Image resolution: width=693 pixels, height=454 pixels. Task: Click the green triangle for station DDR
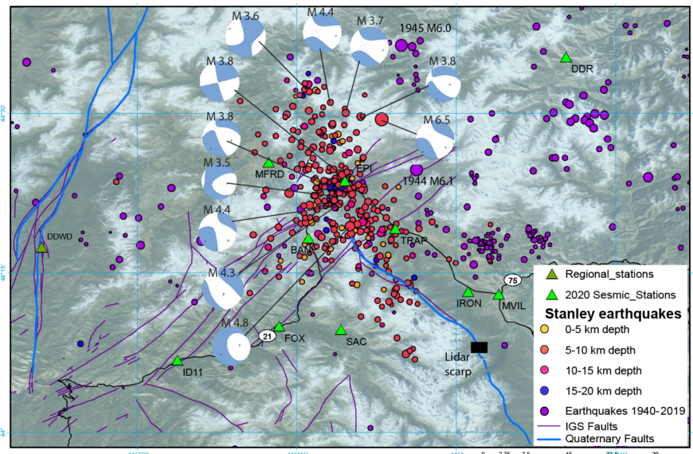pyautogui.click(x=566, y=57)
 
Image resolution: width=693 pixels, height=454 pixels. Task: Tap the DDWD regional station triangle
pyautogui.click(x=41, y=247)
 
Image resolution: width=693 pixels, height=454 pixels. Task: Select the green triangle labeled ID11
pyautogui.click(x=178, y=361)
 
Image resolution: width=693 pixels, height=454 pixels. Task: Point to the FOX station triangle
pyautogui.click(x=279, y=327)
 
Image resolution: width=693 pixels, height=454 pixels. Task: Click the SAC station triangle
pyautogui.click(x=341, y=330)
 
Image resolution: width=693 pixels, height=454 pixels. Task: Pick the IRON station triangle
pyautogui.click(x=468, y=292)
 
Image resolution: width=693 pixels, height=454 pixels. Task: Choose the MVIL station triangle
pyautogui.click(x=499, y=294)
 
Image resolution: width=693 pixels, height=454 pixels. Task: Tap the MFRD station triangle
pyautogui.click(x=268, y=162)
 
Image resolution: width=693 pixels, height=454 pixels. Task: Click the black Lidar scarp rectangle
pyautogui.click(x=479, y=346)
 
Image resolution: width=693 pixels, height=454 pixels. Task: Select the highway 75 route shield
pyautogui.click(x=512, y=280)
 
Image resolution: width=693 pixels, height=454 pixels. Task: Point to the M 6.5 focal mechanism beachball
pyautogui.click(x=435, y=143)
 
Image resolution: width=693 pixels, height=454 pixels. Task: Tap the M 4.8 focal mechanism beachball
pyautogui.click(x=232, y=347)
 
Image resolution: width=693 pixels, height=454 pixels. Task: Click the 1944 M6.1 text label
pyautogui.click(x=428, y=182)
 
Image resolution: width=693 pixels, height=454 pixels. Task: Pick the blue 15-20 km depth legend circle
pyautogui.click(x=545, y=390)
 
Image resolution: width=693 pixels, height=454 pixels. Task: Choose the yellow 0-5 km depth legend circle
pyautogui.click(x=545, y=328)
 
